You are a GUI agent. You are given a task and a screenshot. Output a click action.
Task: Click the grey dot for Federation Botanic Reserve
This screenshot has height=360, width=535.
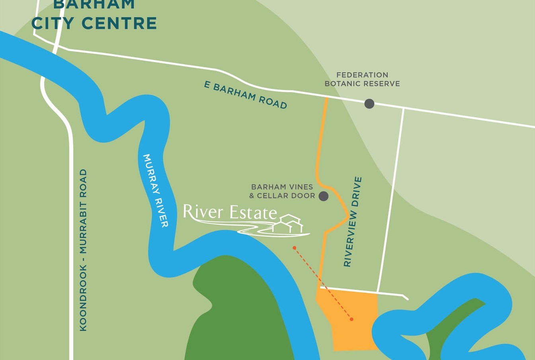pyautogui.click(x=369, y=104)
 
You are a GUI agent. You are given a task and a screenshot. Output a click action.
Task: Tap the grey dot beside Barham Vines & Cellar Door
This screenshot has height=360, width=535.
pyautogui.click(x=324, y=196)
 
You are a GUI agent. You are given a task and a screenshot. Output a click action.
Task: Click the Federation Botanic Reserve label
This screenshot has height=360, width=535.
pyautogui.click(x=362, y=79)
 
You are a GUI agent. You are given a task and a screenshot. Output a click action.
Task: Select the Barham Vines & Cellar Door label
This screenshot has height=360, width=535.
pyautogui.click(x=282, y=191)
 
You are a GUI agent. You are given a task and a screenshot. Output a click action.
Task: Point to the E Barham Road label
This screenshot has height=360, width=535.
pyautogui.click(x=246, y=95)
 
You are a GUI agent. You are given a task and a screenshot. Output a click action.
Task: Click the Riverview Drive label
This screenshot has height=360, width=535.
pyautogui.click(x=353, y=222)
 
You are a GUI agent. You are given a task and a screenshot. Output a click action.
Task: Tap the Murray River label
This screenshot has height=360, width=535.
pyautogui.click(x=156, y=190)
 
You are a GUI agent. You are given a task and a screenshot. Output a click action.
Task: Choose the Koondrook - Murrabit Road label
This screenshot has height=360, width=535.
pyautogui.click(x=83, y=250)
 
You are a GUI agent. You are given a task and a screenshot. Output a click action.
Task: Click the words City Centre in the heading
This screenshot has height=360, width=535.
pyautogui.click(x=94, y=23)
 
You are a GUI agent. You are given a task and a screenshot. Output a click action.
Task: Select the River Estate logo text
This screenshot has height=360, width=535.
pyautogui.click(x=230, y=212)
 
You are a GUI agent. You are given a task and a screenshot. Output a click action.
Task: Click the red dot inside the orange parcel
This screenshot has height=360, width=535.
pyautogui.click(x=351, y=319)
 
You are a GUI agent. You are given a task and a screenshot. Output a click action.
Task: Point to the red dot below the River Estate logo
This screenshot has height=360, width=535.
pyautogui.click(x=295, y=248)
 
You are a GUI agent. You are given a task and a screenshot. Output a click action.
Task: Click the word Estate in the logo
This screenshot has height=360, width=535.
pyautogui.click(x=253, y=213)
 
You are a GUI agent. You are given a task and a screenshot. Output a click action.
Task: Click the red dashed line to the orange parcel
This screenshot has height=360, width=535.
pyautogui.click(x=323, y=283)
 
